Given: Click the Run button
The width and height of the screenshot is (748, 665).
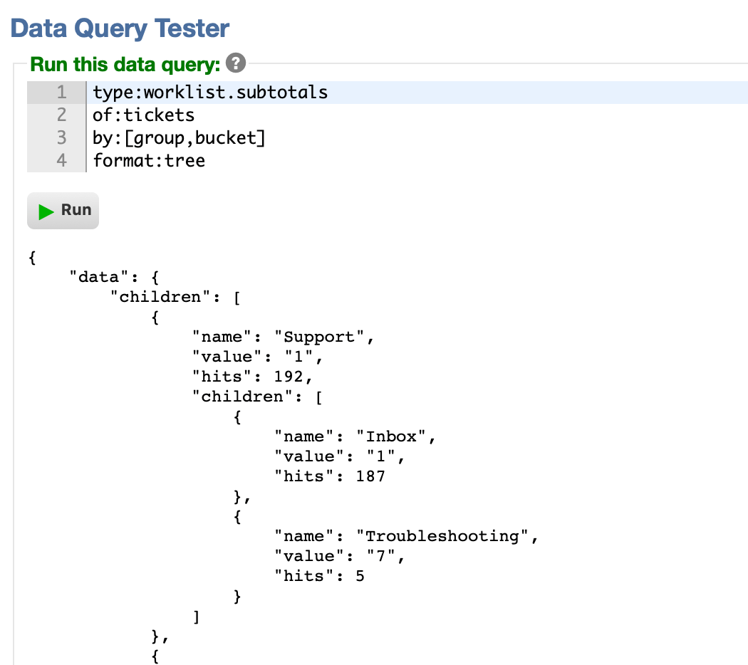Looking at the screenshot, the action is (63, 211).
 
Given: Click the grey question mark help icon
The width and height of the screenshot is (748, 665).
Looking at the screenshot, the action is (236, 63).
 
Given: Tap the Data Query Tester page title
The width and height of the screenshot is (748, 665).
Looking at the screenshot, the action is (120, 28).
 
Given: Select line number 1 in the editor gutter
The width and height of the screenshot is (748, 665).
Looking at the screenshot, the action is (61, 92).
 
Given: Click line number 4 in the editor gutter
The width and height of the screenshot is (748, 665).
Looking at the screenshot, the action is (61, 161).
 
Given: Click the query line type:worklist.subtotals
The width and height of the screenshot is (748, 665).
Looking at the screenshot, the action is (210, 93).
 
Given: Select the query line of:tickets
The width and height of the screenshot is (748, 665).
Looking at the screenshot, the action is (144, 115).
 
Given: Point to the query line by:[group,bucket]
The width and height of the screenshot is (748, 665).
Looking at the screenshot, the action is (179, 137).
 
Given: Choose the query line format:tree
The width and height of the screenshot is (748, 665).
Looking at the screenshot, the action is (149, 161).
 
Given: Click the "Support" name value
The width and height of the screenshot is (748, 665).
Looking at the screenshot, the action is (319, 337).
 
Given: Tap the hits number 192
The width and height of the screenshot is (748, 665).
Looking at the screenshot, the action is (288, 377).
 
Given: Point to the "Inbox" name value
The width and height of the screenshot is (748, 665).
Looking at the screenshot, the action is (391, 436).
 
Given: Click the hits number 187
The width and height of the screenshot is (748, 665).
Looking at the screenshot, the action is (370, 476).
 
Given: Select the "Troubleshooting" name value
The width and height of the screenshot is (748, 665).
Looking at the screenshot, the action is (442, 536).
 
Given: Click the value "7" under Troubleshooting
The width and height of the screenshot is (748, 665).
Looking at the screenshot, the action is (380, 556).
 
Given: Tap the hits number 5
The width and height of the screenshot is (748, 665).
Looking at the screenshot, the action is (360, 576).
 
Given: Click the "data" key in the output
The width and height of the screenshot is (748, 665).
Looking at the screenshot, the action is (99, 277).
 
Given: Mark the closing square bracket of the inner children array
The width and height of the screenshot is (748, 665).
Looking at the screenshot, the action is (196, 617).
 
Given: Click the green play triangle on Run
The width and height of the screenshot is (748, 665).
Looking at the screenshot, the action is (46, 211).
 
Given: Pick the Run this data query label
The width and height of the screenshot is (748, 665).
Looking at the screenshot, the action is (125, 64).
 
